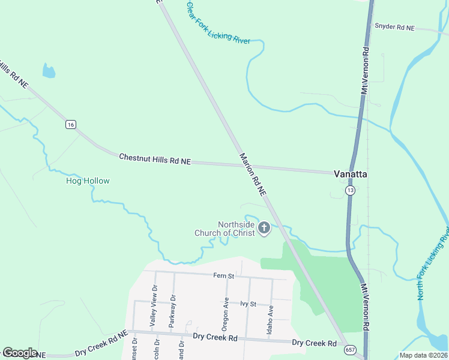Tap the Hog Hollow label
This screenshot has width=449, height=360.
(x=88, y=181)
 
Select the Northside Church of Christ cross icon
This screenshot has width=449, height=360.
(x=264, y=228)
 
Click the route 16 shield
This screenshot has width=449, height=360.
(x=71, y=124)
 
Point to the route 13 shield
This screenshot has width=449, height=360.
(x=350, y=190)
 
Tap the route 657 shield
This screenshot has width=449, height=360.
(x=349, y=349)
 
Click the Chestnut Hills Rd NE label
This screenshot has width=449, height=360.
(x=154, y=159)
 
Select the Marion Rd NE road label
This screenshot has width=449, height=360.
(x=253, y=175)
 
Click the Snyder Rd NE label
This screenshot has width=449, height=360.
(x=394, y=27)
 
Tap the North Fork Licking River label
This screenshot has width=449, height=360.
(x=434, y=263)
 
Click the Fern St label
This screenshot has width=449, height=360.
(x=222, y=276)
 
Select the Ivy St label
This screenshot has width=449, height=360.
(x=248, y=304)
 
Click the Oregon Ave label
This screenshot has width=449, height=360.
(x=226, y=316)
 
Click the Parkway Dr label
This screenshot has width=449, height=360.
(x=173, y=306)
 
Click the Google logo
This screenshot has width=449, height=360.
(x=19, y=353)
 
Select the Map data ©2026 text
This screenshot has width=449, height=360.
(x=423, y=355)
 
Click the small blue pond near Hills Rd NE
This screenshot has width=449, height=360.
(x=49, y=71)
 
